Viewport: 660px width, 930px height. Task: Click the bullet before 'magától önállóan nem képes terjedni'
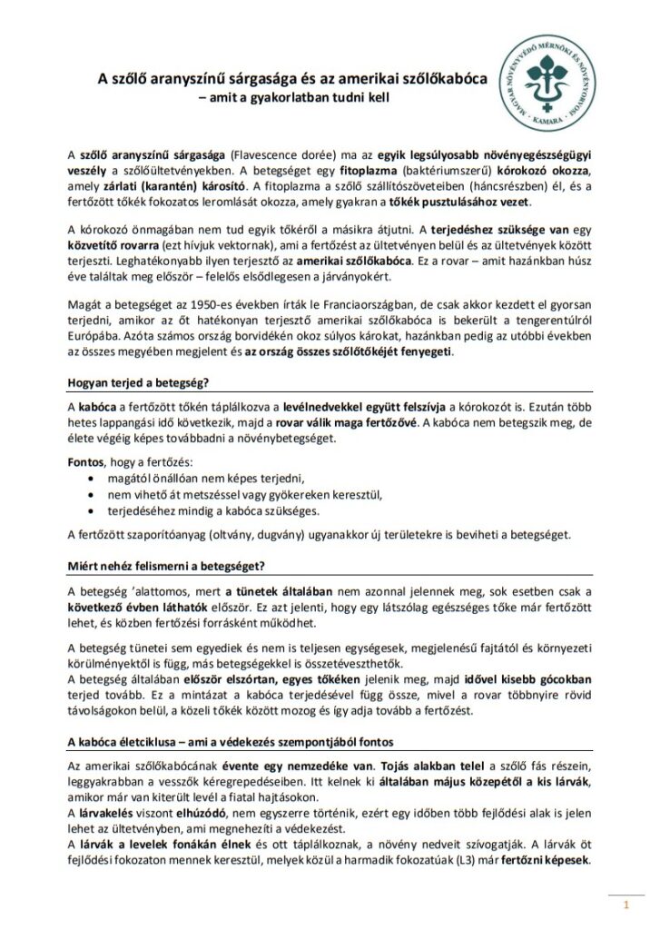(x=89, y=478)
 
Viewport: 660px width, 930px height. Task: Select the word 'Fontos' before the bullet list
(x=86, y=462)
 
